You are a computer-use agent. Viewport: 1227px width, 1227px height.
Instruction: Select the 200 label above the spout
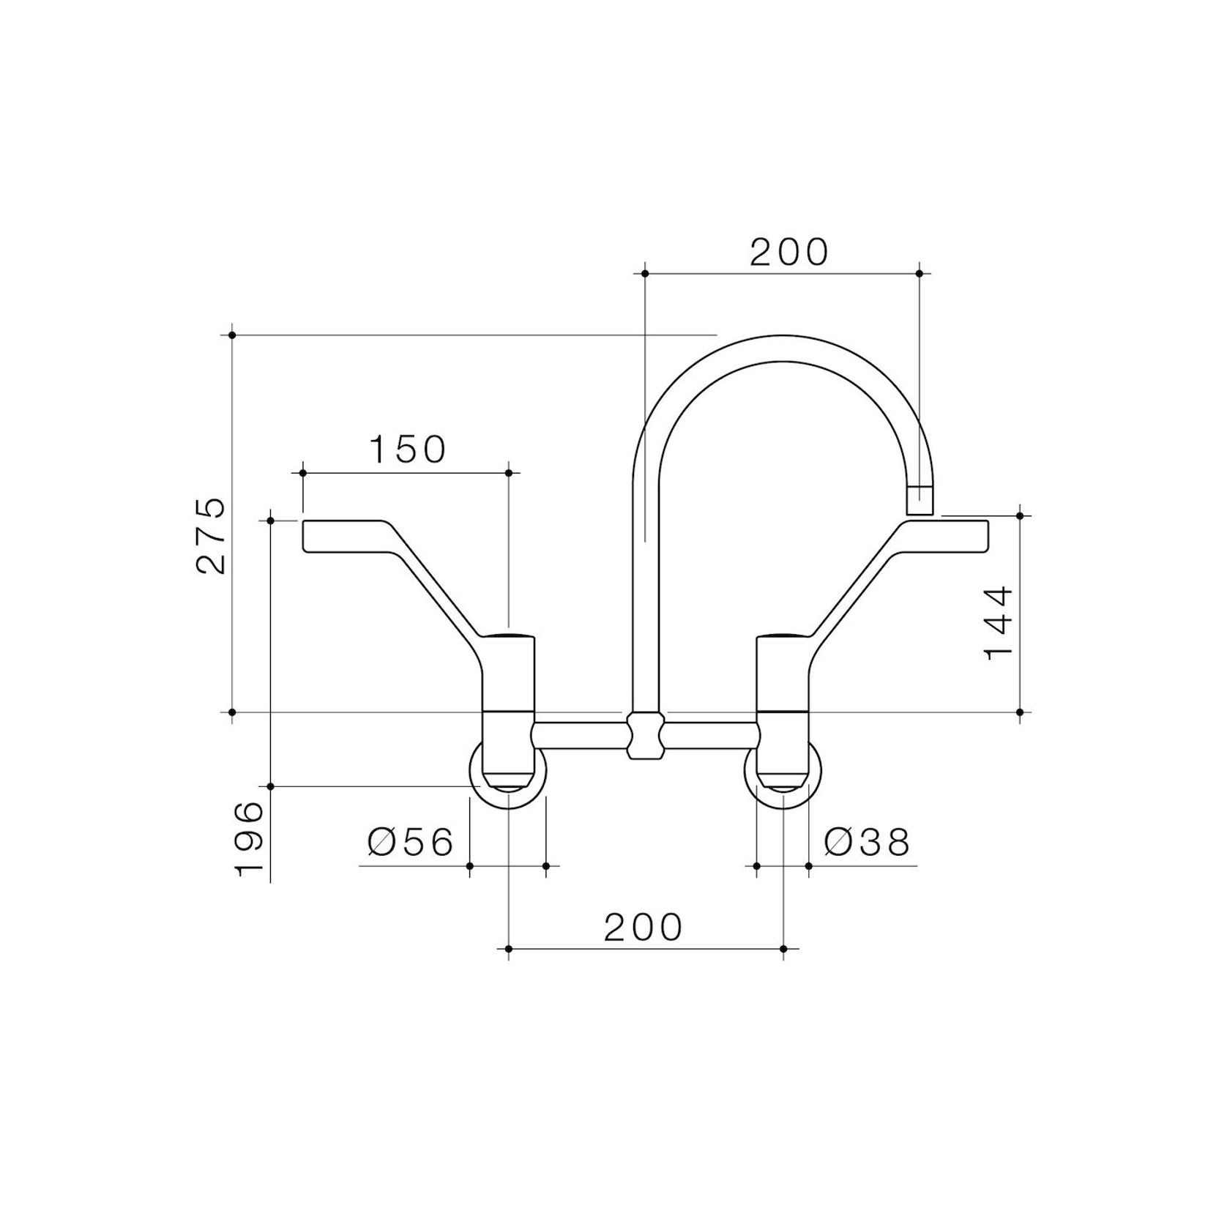[x=788, y=252]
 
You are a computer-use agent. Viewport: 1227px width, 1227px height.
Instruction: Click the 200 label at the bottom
[x=642, y=927]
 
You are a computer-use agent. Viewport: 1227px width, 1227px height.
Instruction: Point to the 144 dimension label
[x=999, y=623]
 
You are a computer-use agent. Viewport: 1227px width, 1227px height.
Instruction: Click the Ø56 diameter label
[x=411, y=843]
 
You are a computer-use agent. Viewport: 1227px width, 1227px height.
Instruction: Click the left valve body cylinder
[x=509, y=674]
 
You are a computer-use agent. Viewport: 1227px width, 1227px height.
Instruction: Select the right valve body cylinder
[x=783, y=674]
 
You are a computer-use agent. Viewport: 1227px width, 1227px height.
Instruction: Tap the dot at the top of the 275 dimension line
[x=232, y=335]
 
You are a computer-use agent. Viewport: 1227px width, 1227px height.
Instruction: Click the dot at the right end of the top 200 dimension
[x=920, y=274]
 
